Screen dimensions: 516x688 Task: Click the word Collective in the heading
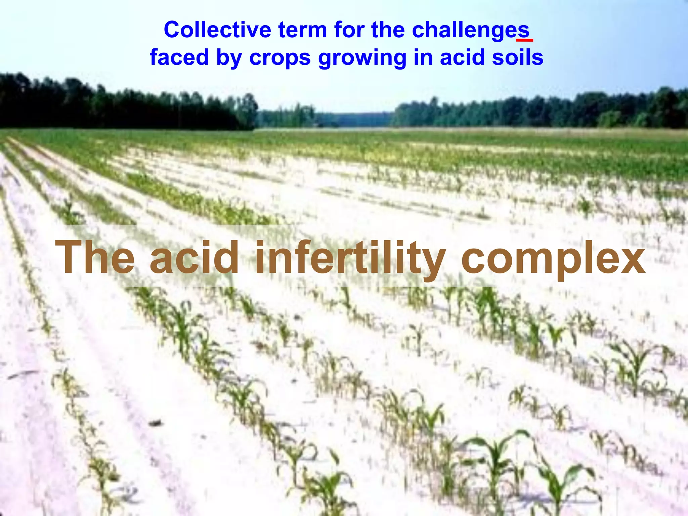(217, 30)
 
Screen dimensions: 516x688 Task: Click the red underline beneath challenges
(524, 40)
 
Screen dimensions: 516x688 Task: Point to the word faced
(179, 57)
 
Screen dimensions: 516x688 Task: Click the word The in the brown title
(95, 257)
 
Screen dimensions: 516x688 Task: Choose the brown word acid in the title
(194, 257)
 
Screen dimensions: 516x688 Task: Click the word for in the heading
(349, 30)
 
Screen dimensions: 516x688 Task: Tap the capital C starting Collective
(173, 30)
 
